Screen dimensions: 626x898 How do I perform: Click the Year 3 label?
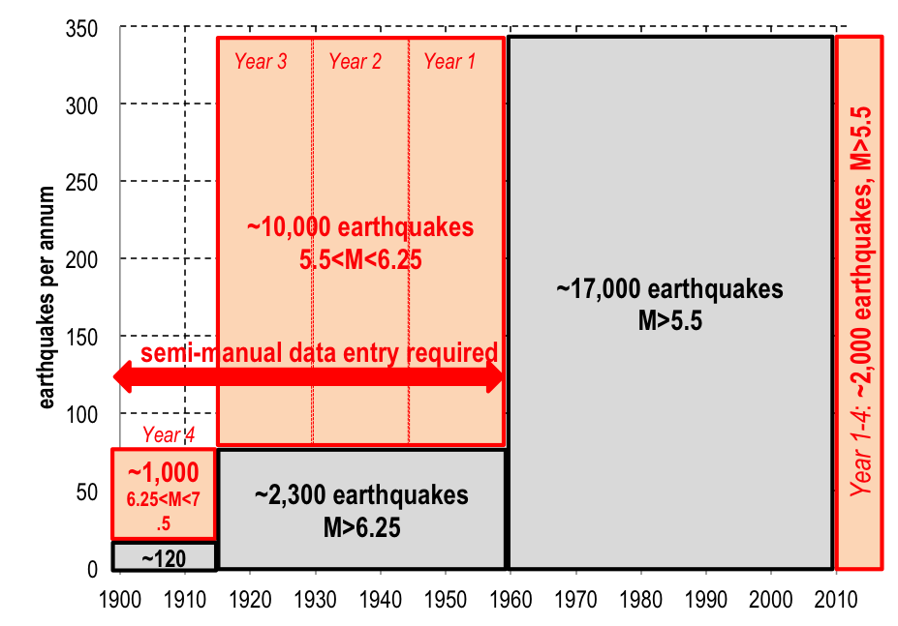pyautogui.click(x=261, y=62)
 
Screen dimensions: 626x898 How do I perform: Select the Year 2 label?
pyautogui.click(x=355, y=62)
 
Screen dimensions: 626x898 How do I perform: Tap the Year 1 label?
pyautogui.click(x=450, y=62)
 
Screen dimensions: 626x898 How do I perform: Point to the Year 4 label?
pyautogui.click(x=169, y=435)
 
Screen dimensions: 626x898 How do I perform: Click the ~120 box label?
pyautogui.click(x=163, y=557)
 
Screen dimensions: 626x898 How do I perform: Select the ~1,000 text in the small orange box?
pyautogui.click(x=162, y=472)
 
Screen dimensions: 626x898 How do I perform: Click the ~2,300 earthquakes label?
pyautogui.click(x=361, y=495)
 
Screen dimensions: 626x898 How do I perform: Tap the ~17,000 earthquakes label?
pyautogui.click(x=669, y=289)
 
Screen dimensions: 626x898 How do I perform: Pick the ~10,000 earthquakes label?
pyautogui.click(x=360, y=227)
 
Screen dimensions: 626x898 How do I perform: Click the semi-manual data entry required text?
pyautogui.click(x=320, y=352)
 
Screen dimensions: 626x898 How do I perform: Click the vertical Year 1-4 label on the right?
pyautogui.click(x=859, y=300)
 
